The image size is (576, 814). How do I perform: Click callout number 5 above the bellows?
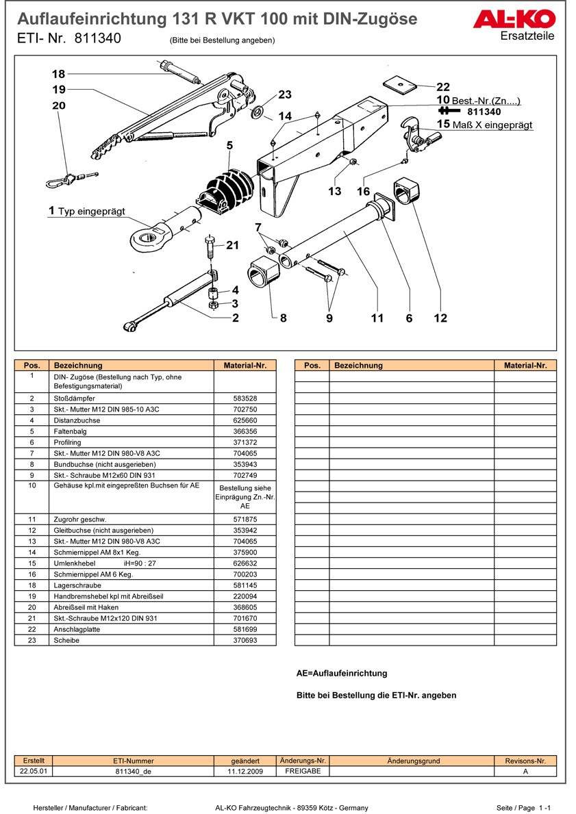229,145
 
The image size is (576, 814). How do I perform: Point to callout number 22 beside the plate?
443,87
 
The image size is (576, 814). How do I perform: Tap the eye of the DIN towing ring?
145,238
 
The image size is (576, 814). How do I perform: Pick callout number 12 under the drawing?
440,318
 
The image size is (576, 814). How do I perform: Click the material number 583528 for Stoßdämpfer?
245,398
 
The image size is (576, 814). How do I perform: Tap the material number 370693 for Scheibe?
245,640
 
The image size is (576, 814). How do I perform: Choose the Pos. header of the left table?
32,366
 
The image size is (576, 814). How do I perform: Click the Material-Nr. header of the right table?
525,366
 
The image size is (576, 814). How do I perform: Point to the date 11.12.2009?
245,771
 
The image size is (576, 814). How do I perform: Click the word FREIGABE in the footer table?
303,771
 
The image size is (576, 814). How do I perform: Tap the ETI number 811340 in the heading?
97,39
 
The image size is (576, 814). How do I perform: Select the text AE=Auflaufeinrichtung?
342,673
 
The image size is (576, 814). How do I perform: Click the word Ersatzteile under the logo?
527,36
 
